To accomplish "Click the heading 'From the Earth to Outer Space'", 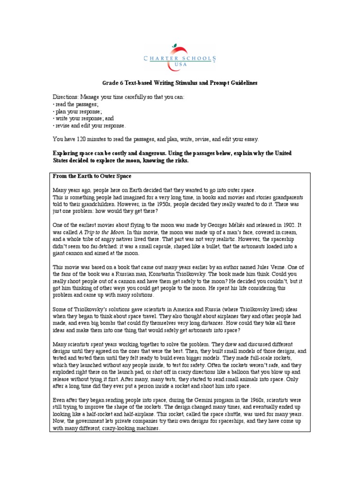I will pyautogui.click(x=92, y=176).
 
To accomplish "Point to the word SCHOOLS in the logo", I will pyautogui.click(x=199, y=59).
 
